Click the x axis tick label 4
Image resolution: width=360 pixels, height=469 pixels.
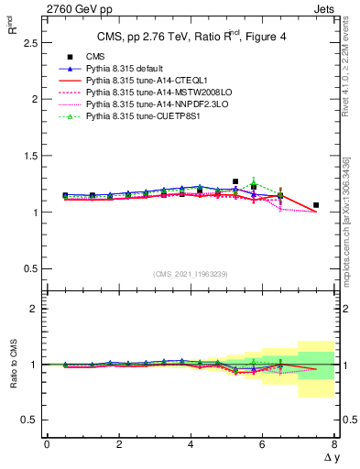point(191,444)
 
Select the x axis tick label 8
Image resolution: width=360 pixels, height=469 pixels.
point(334,444)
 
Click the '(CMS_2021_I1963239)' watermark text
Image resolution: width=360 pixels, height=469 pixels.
point(191,274)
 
